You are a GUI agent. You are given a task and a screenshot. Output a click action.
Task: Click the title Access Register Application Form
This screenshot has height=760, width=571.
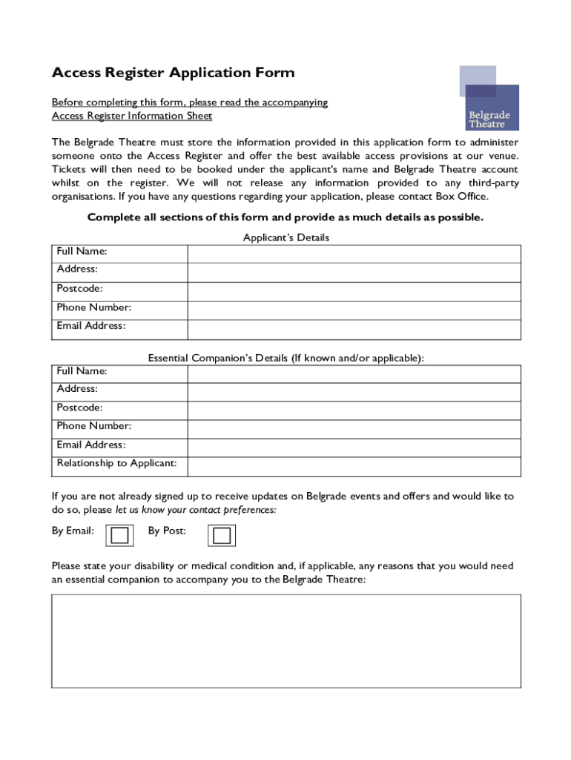173,73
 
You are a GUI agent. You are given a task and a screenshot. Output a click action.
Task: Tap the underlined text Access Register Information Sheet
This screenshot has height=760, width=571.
132,116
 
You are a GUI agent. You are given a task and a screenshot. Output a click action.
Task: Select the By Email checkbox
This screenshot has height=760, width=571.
119,535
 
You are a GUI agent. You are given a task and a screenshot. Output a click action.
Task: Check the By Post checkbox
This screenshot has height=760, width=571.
221,535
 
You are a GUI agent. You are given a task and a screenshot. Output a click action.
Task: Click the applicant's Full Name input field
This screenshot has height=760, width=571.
354,253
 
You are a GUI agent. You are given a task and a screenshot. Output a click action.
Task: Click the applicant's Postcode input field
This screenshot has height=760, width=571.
354,292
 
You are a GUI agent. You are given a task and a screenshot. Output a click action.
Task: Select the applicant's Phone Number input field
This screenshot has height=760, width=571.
354,311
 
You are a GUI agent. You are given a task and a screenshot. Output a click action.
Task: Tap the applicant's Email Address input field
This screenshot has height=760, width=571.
354,330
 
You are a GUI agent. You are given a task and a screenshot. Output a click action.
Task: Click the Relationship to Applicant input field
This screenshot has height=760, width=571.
354,466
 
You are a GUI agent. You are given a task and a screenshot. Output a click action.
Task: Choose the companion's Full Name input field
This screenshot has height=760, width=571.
354,373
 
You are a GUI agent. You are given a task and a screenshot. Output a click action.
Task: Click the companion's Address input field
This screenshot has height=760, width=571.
354,391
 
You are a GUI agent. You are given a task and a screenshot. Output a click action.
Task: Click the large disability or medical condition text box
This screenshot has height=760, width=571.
286,641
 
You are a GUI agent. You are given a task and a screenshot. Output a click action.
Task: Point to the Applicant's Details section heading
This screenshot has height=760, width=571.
286,237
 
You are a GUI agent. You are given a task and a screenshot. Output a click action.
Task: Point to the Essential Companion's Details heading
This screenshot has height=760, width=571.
286,358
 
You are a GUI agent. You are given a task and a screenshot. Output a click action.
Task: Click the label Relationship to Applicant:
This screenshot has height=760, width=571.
117,463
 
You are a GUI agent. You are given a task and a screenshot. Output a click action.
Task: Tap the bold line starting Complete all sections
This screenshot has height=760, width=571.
285,217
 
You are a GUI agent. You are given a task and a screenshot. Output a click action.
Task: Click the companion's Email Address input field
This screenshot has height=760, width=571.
354,447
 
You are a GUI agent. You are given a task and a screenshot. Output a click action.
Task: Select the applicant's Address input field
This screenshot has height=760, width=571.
354,272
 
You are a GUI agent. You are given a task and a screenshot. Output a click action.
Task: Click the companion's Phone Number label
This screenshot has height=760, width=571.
94,426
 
